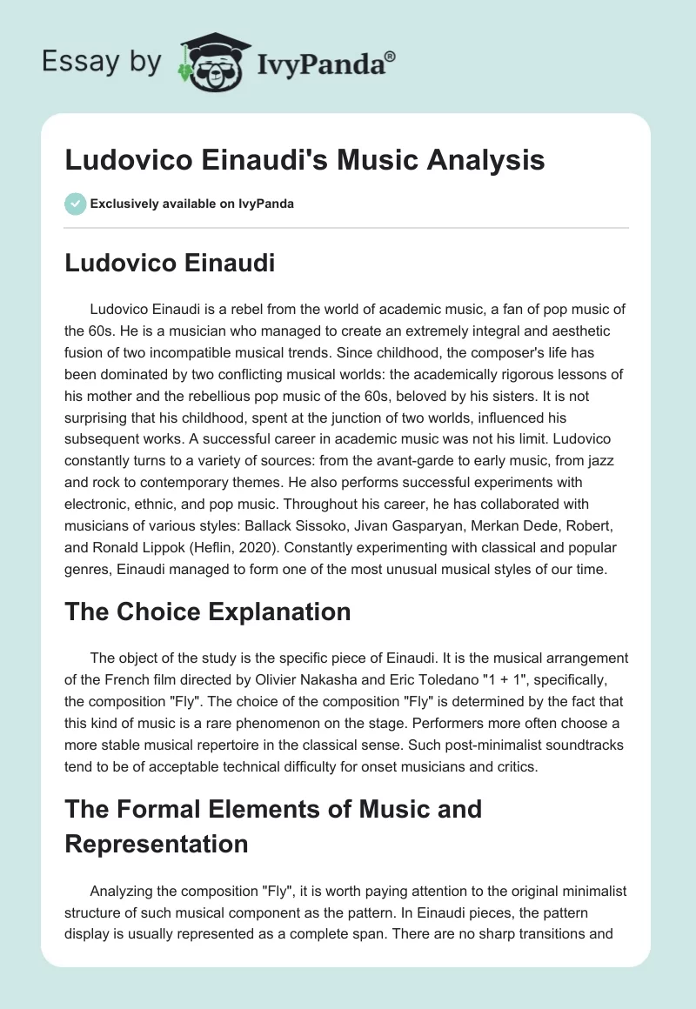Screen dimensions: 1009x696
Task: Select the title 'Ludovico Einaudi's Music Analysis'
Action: point(304,160)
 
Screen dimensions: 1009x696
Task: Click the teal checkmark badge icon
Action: point(75,204)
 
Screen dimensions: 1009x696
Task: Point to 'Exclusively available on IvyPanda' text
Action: point(192,204)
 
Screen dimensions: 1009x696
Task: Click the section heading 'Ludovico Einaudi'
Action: point(170,264)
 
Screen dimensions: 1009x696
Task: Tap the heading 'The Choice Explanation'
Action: point(208,611)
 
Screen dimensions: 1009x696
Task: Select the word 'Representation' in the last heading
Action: point(157,843)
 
